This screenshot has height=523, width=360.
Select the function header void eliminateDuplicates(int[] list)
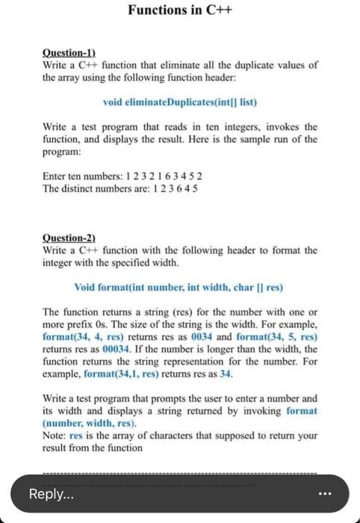pyautogui.click(x=179, y=101)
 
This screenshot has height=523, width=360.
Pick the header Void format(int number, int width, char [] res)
pyautogui.click(x=179, y=287)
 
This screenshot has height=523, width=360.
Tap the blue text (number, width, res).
pyautogui.click(x=83, y=423)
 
